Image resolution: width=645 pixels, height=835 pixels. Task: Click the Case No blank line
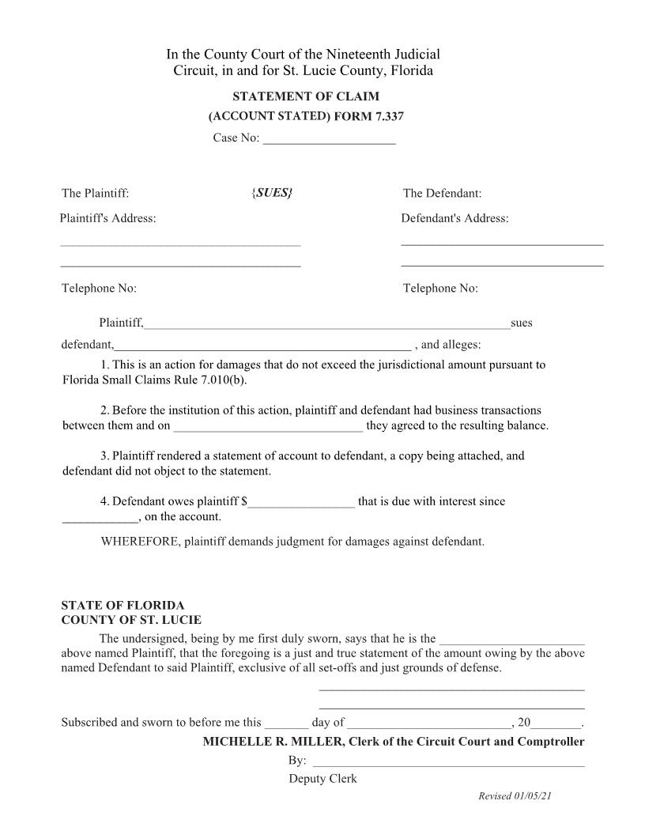(329, 140)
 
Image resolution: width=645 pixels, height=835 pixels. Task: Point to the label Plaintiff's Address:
(107, 218)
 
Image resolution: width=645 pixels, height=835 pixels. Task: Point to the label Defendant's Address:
(455, 218)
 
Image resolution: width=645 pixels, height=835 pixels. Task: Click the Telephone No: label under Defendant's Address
(440, 289)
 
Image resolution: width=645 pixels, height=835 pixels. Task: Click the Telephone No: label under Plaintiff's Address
(99, 289)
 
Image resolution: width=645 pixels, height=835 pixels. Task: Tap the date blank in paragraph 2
(268, 426)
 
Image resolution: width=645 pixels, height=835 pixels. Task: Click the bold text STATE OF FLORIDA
(123, 606)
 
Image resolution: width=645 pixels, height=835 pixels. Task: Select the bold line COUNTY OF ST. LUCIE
(131, 620)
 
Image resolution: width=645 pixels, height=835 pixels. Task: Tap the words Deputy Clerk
(322, 779)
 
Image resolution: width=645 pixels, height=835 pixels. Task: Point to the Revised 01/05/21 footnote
(515, 796)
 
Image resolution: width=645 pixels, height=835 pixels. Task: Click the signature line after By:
(448, 761)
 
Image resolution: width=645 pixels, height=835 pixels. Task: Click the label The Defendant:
(442, 194)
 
